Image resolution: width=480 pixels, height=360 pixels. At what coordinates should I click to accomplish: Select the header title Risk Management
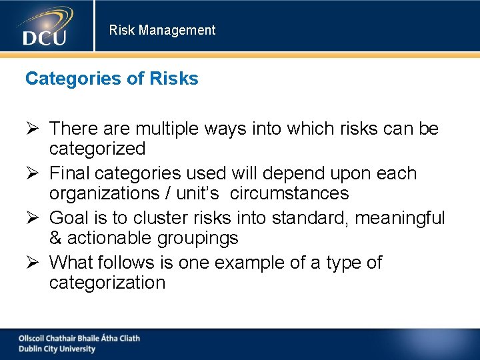[x=162, y=30]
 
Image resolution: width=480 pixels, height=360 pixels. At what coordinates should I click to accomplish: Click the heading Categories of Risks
[x=111, y=79]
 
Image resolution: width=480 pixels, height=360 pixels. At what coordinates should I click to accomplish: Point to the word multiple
[x=171, y=129]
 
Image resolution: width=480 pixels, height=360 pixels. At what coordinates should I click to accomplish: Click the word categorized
[x=97, y=149]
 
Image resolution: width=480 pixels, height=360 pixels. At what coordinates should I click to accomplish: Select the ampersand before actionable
[x=55, y=238]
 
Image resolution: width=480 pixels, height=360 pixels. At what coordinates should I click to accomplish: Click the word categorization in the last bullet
[x=107, y=283]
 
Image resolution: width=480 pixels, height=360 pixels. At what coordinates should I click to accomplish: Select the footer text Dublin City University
[x=57, y=349]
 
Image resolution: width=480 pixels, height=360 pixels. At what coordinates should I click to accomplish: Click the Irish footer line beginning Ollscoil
[x=79, y=338]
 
